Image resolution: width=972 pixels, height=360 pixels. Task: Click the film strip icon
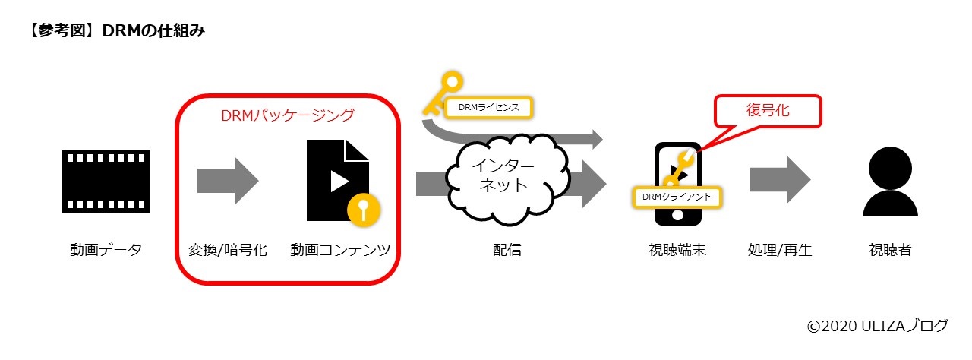(x=106, y=180)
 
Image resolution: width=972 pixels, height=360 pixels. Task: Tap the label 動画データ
(x=106, y=250)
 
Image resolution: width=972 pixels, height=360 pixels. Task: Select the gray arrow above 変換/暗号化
(x=228, y=181)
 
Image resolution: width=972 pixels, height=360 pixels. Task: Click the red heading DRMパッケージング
(x=287, y=115)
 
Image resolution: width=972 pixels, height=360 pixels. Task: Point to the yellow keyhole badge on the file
(x=363, y=208)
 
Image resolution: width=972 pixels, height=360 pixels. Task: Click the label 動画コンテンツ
(x=339, y=250)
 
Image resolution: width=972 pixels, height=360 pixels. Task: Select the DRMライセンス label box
(x=488, y=108)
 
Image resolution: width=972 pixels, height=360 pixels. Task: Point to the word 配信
(x=507, y=250)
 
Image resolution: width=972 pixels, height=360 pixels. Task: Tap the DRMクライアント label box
(x=676, y=197)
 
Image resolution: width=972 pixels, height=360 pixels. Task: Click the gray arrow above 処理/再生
(x=780, y=181)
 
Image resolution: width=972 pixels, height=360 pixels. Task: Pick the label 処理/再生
(x=780, y=250)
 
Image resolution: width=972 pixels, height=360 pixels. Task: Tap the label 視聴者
(x=890, y=250)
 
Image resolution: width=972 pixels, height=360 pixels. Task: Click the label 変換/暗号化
(x=228, y=250)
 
